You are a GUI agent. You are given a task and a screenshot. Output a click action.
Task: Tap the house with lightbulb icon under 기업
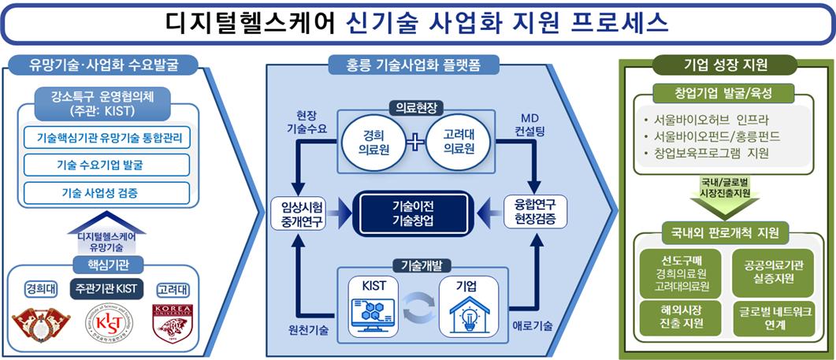tap(465, 316)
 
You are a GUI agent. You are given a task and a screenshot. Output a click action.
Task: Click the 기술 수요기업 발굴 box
tap(106, 165)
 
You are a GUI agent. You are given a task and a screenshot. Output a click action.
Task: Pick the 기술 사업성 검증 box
tap(106, 192)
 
